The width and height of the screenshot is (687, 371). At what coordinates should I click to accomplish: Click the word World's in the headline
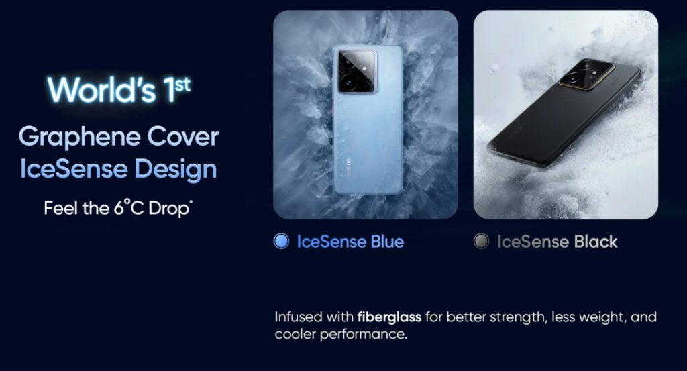point(102,90)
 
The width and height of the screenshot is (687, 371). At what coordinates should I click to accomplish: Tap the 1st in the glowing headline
point(177,89)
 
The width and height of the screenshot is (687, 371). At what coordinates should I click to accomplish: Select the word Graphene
point(79,138)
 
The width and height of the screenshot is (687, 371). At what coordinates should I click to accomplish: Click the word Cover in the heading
point(182,136)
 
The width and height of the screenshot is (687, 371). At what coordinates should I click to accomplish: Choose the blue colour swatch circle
point(281,241)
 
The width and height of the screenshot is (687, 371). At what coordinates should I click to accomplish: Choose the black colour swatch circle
point(481,241)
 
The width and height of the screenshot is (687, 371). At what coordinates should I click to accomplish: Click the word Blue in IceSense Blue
point(387,242)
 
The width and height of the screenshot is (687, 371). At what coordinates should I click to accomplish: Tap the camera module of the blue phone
point(357,70)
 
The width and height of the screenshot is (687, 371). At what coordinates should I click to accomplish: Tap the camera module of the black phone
point(586,74)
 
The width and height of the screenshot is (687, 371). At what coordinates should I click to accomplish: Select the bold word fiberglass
point(389,317)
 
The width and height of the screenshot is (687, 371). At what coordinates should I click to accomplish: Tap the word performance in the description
point(363,335)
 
